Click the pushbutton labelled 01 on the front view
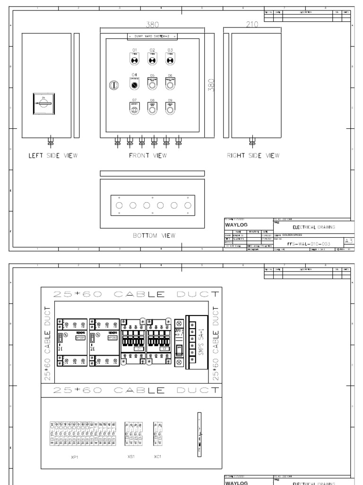pos(134,59)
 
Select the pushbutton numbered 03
pos(170,59)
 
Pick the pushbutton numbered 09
pos(170,109)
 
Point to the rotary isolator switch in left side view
pos(46,104)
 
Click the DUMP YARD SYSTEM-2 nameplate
pos(152,36)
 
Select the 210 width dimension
pos(251,25)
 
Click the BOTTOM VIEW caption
pos(155,235)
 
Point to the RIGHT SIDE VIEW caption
pos(253,155)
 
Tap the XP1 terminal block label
pos(74,457)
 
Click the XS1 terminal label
pos(131,457)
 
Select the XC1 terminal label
pos(157,457)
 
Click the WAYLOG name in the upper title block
pos(236,225)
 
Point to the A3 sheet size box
pos(348,241)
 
